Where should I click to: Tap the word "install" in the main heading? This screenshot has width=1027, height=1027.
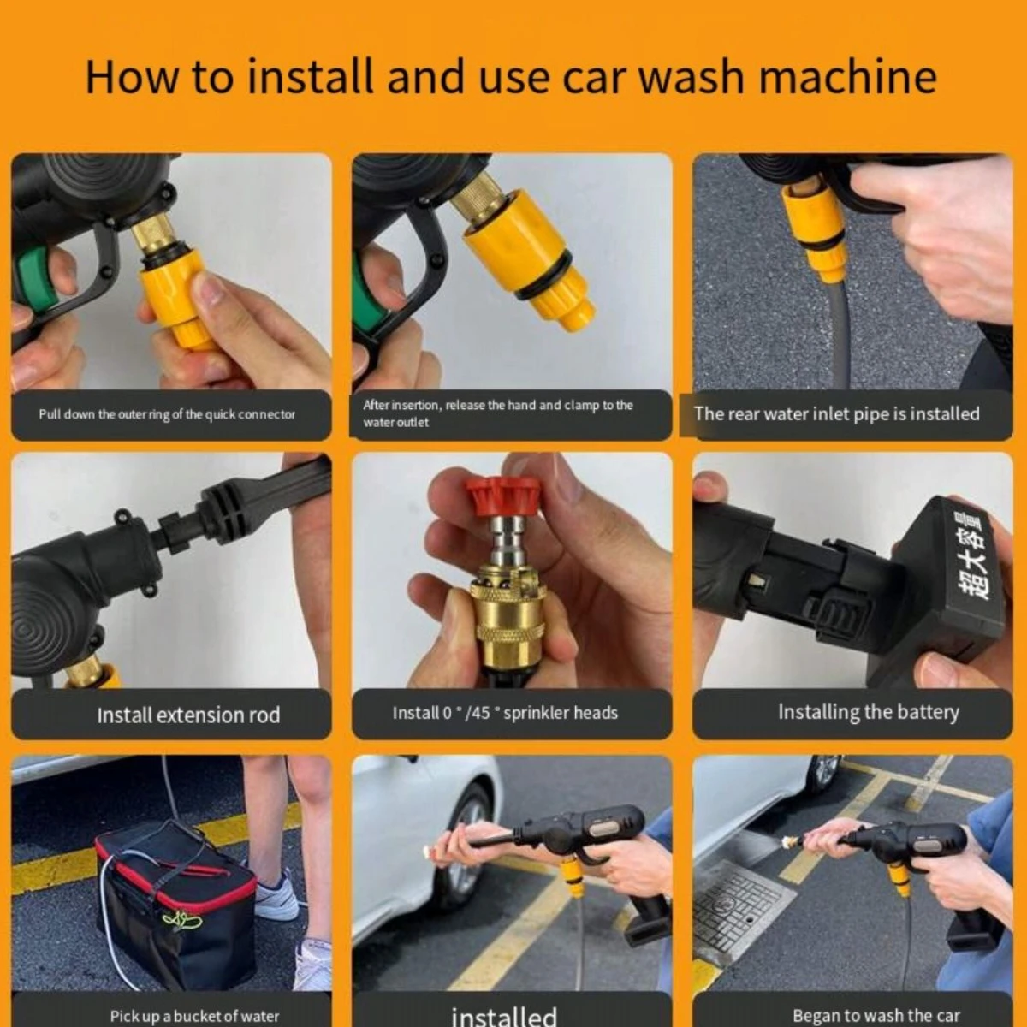click(310, 77)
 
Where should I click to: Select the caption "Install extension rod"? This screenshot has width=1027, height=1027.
click(188, 715)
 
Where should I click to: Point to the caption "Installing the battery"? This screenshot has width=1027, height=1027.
click(868, 712)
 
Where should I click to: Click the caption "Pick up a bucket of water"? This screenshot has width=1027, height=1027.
click(194, 1016)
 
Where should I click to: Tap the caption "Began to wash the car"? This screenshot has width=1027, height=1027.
click(876, 1015)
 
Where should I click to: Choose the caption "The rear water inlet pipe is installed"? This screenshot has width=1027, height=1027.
click(836, 413)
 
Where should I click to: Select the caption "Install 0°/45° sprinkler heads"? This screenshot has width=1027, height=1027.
click(505, 713)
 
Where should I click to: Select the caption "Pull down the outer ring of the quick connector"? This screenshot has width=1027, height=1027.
click(167, 414)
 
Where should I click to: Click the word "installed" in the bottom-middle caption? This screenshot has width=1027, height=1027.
click(503, 1015)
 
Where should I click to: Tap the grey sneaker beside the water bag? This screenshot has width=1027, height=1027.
click(278, 893)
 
